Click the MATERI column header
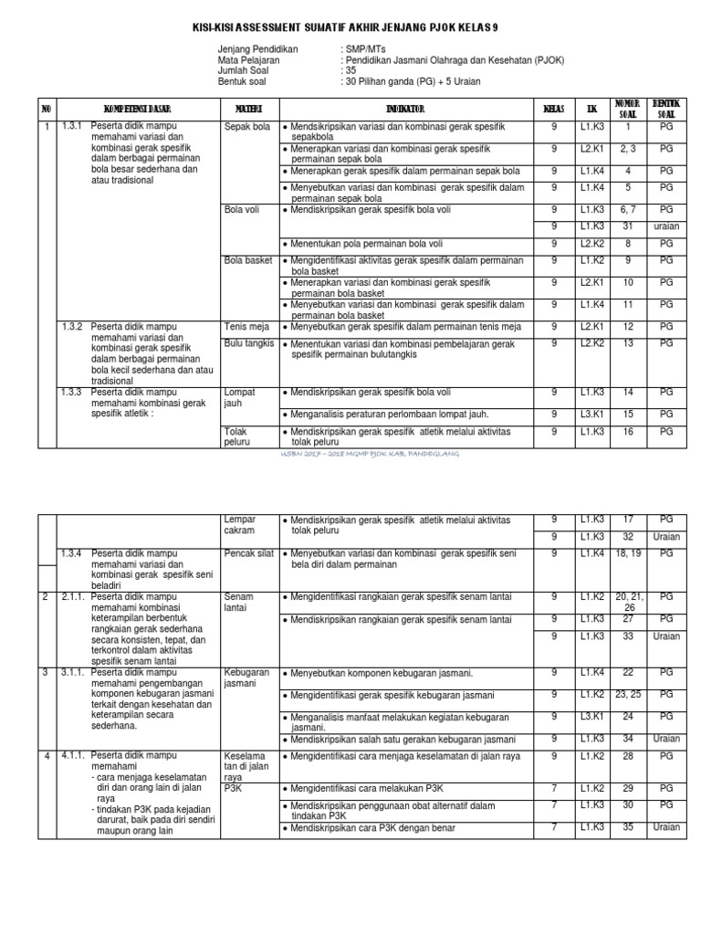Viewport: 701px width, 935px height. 248,109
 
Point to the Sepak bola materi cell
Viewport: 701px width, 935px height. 247,127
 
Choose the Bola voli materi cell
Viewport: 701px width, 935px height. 243,209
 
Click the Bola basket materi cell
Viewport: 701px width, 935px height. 248,260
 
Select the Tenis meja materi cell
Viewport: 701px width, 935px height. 246,326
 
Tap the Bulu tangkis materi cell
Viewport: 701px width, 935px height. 249,343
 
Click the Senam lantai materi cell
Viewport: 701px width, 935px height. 239,603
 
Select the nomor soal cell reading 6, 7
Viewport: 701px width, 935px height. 627,209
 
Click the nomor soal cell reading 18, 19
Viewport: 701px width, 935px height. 627,553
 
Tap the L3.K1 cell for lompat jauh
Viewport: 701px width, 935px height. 592,414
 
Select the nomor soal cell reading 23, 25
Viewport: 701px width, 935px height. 627,695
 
